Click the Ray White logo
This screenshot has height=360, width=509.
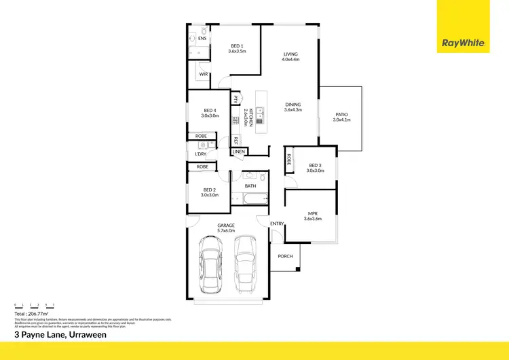click(x=464, y=43)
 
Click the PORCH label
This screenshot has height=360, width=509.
click(x=286, y=256)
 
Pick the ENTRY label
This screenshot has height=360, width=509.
click(x=277, y=223)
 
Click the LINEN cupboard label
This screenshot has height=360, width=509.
click(x=238, y=151)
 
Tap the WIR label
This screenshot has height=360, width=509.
click(x=203, y=73)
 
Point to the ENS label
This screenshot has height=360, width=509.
click(x=202, y=38)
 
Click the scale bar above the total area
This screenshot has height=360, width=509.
click(x=34, y=305)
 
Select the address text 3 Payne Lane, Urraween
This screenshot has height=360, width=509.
click(x=60, y=334)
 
